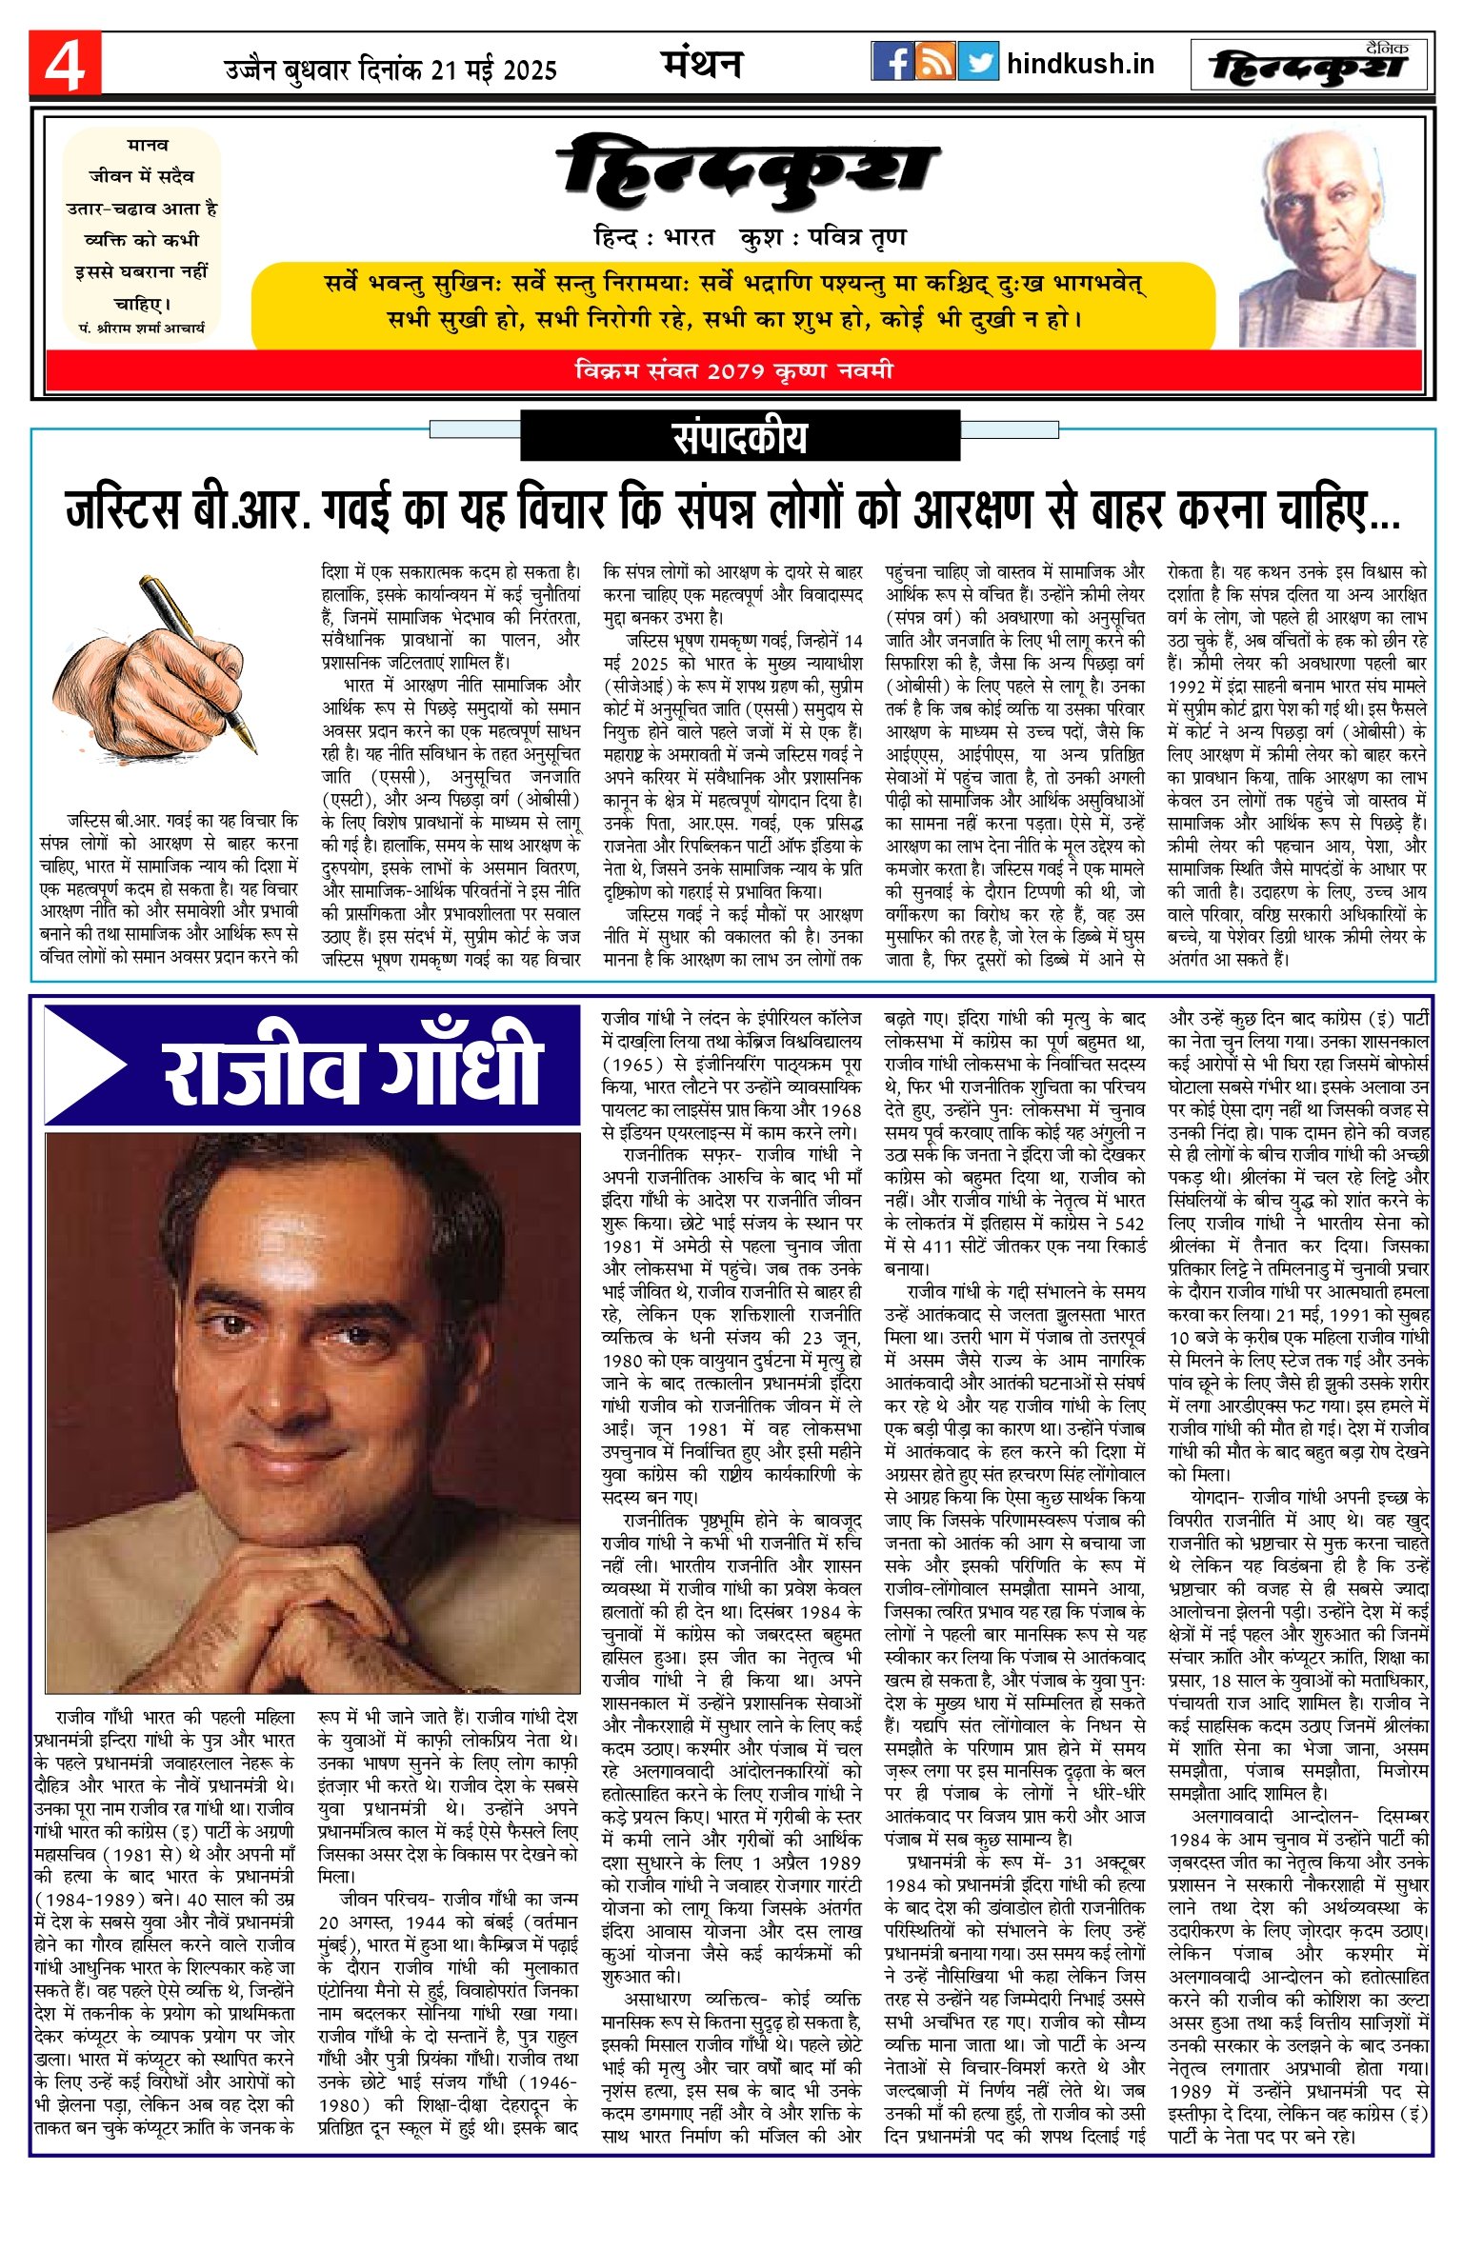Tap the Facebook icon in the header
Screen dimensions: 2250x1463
(x=892, y=62)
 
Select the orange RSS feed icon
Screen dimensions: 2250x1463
(x=934, y=62)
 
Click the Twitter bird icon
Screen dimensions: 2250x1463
(x=978, y=62)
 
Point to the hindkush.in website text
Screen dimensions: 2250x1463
(x=1080, y=64)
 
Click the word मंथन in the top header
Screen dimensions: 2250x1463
(x=702, y=64)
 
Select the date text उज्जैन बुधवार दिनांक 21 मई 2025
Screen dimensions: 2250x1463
(x=391, y=70)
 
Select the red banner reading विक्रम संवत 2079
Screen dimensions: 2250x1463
(x=733, y=370)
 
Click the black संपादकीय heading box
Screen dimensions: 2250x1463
(x=740, y=437)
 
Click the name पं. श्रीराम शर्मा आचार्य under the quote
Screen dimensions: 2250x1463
(x=142, y=328)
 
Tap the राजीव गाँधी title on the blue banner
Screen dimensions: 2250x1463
(x=352, y=1065)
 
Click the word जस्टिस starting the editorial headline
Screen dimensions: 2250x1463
(x=123, y=510)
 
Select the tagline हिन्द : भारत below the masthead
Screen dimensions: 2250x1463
(x=653, y=237)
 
